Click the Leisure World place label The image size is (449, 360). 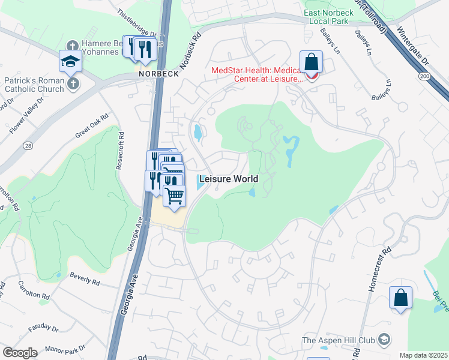pos(228,179)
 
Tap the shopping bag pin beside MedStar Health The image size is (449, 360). pos(312,62)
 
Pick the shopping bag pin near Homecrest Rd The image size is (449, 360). pos(400,298)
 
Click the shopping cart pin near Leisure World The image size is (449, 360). pos(174,196)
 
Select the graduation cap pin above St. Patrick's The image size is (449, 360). pos(70,61)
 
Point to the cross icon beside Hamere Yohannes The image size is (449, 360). pos(73,46)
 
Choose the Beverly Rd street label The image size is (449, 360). pos(84,279)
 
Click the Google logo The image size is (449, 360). pos(20,352)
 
